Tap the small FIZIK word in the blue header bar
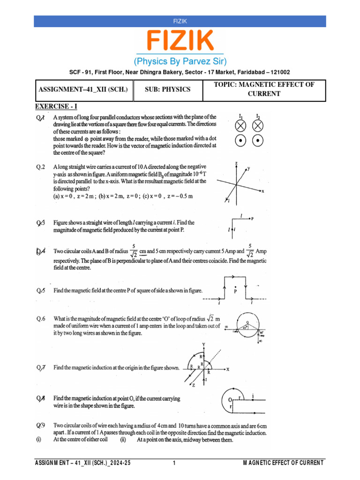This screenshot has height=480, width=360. pyautogui.click(x=180, y=21)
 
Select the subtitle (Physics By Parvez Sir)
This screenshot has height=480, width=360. pyautogui.click(x=180, y=61)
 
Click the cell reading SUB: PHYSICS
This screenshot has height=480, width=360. pyautogui.click(x=167, y=90)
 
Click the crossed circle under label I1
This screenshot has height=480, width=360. pyautogui.click(x=240, y=126)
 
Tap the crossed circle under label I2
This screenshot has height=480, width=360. pyautogui.click(x=258, y=126)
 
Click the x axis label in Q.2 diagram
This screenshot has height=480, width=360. pyautogui.click(x=263, y=191)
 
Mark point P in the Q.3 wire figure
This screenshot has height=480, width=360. pyautogui.click(x=253, y=218)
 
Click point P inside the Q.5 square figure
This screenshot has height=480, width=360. pyautogui.click(x=235, y=291)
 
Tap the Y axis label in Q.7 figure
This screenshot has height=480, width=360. pyautogui.click(x=204, y=345)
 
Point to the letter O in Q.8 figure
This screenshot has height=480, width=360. pyautogui.click(x=230, y=399)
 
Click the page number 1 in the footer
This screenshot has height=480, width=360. pyautogui.click(x=174, y=463)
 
